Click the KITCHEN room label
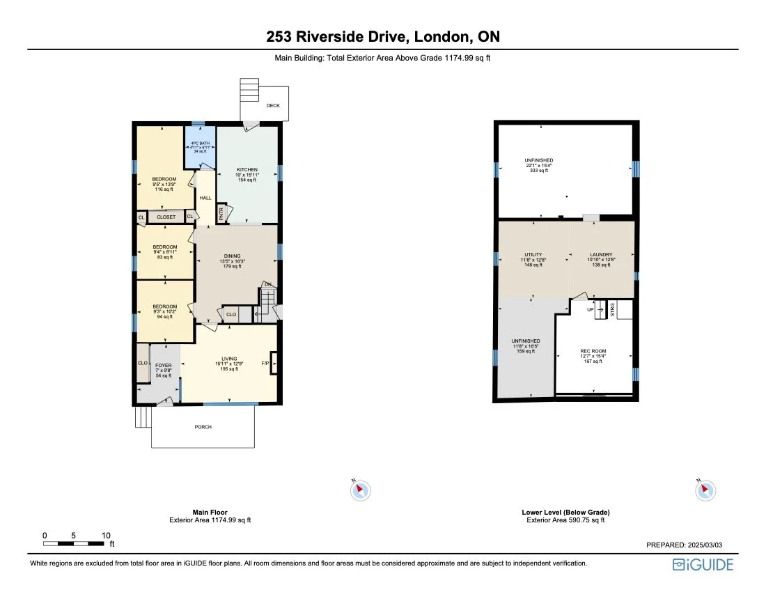tap(247, 170)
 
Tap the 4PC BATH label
tap(200, 143)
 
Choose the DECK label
tap(272, 106)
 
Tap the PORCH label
tap(203, 427)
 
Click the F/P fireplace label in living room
tap(265, 364)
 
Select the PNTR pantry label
tap(221, 214)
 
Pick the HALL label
tap(205, 198)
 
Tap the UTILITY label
tap(533, 255)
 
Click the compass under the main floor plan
tap(360, 490)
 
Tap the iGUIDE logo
tap(703, 565)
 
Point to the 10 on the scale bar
tap(106, 536)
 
